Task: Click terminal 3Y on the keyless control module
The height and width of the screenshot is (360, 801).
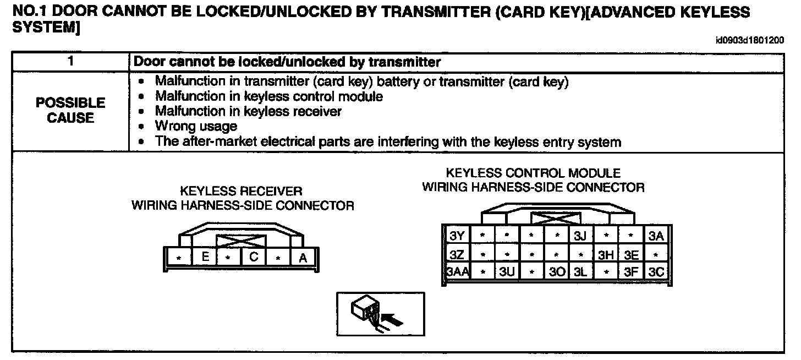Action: pos(457,237)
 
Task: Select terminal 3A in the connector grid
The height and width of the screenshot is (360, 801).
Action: pos(656,237)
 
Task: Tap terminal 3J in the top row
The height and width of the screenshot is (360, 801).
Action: pos(581,237)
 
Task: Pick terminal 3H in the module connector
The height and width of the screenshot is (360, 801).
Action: pos(606,255)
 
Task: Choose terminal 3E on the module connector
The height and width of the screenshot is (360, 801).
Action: pos(631,255)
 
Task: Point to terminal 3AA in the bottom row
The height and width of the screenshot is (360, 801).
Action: pos(457,272)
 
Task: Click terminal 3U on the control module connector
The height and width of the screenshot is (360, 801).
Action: pos(507,272)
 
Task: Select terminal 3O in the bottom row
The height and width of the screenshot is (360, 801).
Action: pos(556,272)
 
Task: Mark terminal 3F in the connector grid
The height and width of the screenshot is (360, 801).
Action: pos(631,272)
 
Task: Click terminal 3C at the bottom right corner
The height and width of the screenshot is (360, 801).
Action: pos(656,272)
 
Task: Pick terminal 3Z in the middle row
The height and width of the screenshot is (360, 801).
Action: pos(457,255)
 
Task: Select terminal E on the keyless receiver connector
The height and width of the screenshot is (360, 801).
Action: pos(205,257)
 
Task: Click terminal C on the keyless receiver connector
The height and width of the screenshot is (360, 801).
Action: pos(253,257)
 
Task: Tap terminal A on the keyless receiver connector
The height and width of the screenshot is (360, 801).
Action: pos(302,257)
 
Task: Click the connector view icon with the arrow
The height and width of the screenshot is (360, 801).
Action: pos(380,314)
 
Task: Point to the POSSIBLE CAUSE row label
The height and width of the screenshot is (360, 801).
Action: pos(70,111)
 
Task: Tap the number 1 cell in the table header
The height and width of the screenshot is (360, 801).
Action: pos(70,62)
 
